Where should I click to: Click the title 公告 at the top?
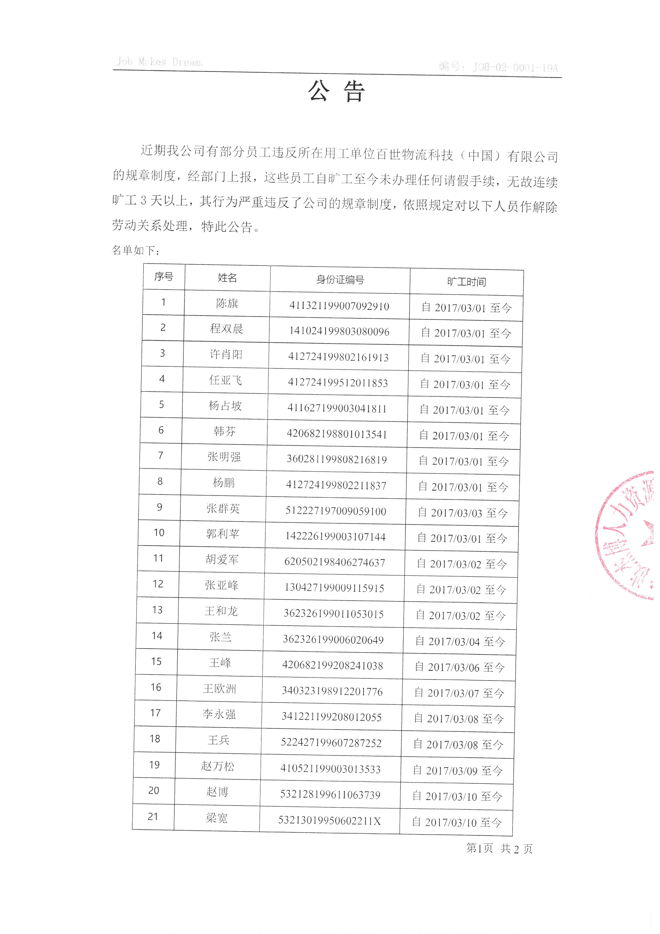click(x=336, y=91)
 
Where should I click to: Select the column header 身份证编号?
click(x=340, y=280)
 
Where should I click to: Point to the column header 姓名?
click(x=227, y=278)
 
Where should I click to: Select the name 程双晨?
click(x=226, y=329)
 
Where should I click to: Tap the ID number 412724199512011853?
click(x=338, y=383)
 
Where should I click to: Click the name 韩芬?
click(x=225, y=431)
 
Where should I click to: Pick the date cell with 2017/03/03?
click(x=463, y=513)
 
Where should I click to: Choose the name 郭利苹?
click(x=222, y=534)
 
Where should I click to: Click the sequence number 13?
click(x=157, y=610)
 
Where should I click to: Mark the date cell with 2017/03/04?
click(x=460, y=642)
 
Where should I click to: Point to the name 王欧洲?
click(x=220, y=688)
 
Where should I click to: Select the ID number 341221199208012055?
click(x=332, y=717)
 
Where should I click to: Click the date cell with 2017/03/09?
click(x=458, y=770)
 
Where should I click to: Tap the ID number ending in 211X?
click(x=329, y=821)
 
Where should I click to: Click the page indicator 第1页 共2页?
click(x=499, y=848)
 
